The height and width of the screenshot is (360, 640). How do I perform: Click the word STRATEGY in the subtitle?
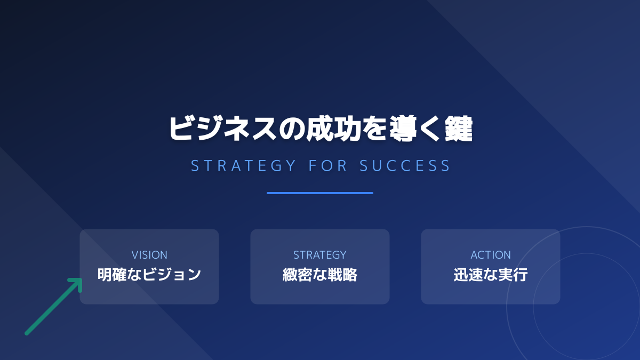(x=243, y=165)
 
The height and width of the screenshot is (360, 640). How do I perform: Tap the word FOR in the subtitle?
(x=328, y=165)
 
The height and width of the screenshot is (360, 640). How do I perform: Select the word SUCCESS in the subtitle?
(x=405, y=165)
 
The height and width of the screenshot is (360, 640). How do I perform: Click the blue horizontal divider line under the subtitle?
(x=320, y=193)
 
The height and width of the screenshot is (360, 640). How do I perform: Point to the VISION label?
(x=149, y=255)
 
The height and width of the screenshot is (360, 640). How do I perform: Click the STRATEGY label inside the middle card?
(x=320, y=255)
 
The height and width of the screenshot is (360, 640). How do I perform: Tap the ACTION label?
(x=491, y=255)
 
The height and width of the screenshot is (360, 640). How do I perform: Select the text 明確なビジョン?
(x=149, y=275)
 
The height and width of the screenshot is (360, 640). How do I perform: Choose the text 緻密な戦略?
(x=320, y=275)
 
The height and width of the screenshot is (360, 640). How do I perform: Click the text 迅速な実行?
(x=491, y=275)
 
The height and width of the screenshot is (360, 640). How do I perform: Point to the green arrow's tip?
(x=81, y=279)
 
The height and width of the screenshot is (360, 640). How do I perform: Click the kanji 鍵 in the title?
(x=458, y=129)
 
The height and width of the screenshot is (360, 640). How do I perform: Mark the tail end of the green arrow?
(x=27, y=333)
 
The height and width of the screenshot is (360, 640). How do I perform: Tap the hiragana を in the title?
(x=378, y=129)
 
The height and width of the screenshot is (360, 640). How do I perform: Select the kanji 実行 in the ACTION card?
(x=515, y=275)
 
